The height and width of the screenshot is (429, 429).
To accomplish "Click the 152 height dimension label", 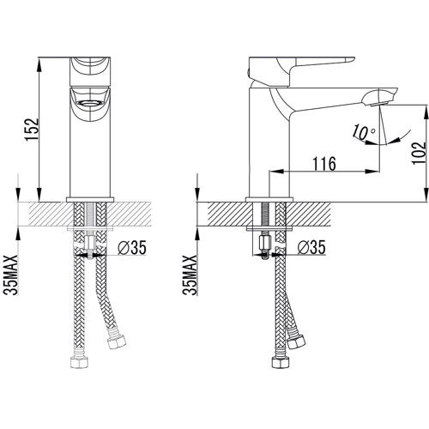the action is point(32,130).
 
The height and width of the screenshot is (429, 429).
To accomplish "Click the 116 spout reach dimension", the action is point(324,164).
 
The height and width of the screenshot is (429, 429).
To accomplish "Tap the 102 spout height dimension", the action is point(419,153).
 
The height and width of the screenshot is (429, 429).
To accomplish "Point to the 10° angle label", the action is point(364,132).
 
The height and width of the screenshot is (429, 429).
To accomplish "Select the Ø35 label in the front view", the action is point(132,248).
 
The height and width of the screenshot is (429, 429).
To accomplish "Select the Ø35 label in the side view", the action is point(311,247).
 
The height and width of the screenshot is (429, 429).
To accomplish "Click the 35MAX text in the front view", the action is point(11,275).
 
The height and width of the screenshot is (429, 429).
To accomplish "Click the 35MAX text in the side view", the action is point(190,275).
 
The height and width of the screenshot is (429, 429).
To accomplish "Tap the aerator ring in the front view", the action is point(90,103).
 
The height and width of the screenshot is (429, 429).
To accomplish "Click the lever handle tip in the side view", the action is point(351,60).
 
